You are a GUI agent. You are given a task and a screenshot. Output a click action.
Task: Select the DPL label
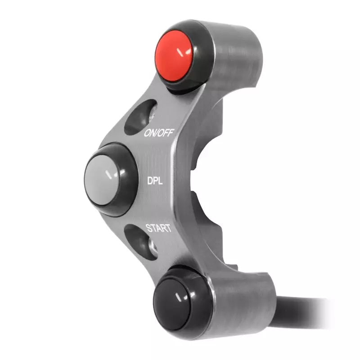[155, 181]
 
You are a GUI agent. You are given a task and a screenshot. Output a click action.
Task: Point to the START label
[157, 228]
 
